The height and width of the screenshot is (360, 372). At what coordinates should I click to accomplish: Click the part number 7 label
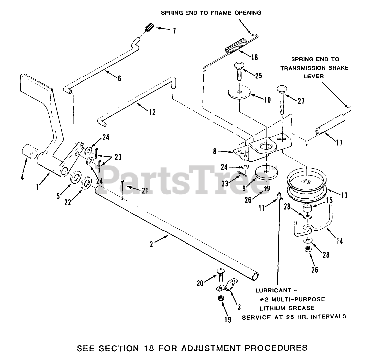174,31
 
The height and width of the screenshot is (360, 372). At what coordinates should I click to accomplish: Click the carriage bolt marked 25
239,71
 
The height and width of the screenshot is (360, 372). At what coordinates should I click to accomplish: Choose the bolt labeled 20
221,274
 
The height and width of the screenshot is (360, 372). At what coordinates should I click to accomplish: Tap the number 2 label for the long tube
151,245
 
